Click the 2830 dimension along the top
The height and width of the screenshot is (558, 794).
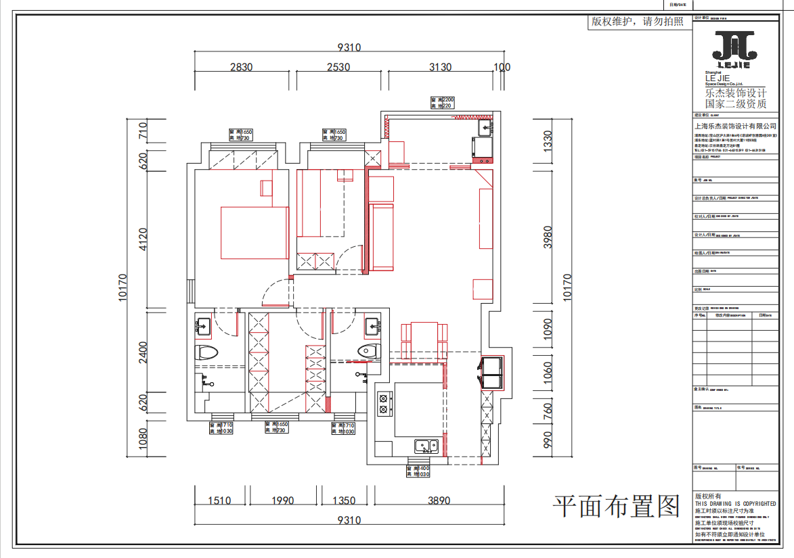[x=241, y=67]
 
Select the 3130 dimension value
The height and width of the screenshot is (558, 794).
[x=440, y=67]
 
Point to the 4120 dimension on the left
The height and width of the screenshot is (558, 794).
[x=143, y=239]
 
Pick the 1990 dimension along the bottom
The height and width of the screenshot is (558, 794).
[x=282, y=501]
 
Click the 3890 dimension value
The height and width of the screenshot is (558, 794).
[x=439, y=501]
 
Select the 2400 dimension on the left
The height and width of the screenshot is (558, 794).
[x=143, y=352]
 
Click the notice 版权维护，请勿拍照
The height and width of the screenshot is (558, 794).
[x=638, y=22]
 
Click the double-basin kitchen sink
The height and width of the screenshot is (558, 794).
[x=427, y=446]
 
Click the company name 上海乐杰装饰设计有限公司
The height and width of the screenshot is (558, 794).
[x=735, y=126]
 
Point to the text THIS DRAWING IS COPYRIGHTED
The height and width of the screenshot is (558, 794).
[x=735, y=504]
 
